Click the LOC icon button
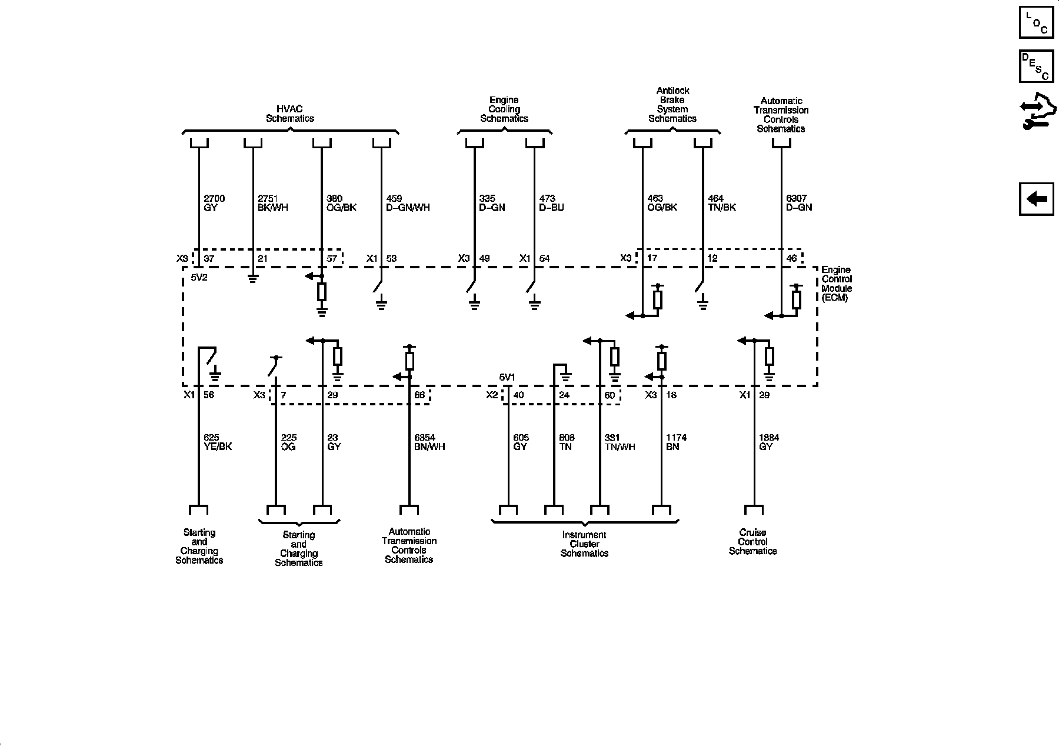(1037, 22)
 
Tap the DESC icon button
(1037, 66)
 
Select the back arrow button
(1037, 199)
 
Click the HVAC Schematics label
(289, 114)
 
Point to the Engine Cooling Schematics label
(504, 109)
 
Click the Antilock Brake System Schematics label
(672, 105)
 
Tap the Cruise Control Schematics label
(752, 542)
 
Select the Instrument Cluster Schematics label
(584, 544)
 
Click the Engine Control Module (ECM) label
(837, 284)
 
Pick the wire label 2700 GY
(214, 203)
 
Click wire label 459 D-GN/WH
(408, 203)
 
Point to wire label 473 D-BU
(551, 203)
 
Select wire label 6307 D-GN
(799, 203)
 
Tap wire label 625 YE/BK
(218, 442)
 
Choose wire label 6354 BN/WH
(429, 442)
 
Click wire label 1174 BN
(676, 442)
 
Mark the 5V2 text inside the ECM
(199, 277)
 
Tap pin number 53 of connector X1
(391, 258)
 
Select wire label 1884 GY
(769, 442)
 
